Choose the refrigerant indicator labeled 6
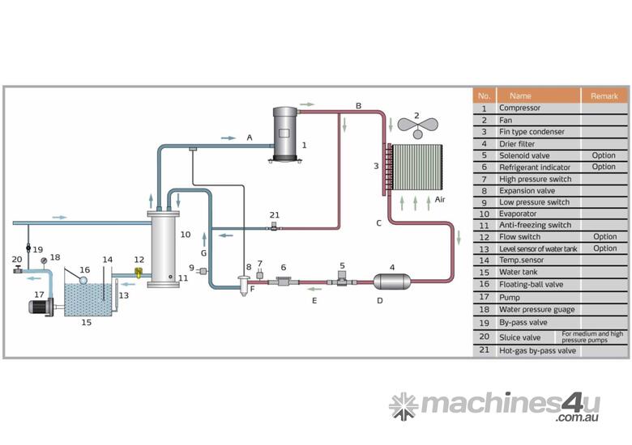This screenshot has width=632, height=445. pyautogui.click(x=284, y=281)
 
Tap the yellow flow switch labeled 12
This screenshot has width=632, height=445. pyautogui.click(x=139, y=273)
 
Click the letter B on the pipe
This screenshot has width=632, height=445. pyautogui.click(x=358, y=105)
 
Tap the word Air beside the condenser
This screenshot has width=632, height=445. pyautogui.click(x=440, y=199)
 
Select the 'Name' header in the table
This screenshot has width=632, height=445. pyautogui.click(x=520, y=95)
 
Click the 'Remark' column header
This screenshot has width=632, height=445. pyautogui.click(x=604, y=95)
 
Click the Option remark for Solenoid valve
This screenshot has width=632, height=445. pyautogui.click(x=604, y=155)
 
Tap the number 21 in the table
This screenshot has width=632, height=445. pyautogui.click(x=485, y=350)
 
